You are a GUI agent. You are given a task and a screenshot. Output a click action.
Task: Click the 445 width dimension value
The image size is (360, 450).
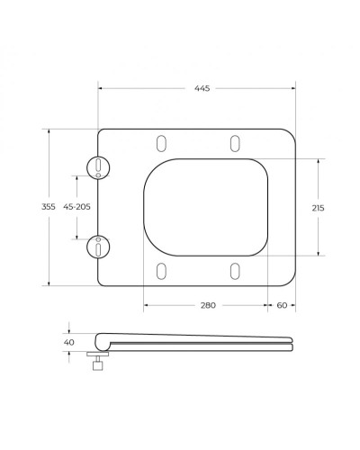[196, 89]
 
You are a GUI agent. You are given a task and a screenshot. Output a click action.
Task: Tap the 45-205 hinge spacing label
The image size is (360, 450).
[76, 206]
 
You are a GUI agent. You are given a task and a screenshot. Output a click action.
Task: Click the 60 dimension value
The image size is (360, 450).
[282, 306]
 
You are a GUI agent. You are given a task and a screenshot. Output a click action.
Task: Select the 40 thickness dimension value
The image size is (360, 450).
[68, 342]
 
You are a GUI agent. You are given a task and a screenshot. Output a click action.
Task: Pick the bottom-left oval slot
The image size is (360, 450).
[162, 271]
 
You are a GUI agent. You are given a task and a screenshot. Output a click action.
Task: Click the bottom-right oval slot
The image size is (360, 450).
[234, 271]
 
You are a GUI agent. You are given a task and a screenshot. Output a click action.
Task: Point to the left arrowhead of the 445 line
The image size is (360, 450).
[101, 89]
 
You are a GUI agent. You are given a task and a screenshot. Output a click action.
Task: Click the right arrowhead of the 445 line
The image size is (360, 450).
[292, 89]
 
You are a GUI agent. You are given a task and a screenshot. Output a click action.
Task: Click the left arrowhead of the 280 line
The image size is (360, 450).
[146, 306]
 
